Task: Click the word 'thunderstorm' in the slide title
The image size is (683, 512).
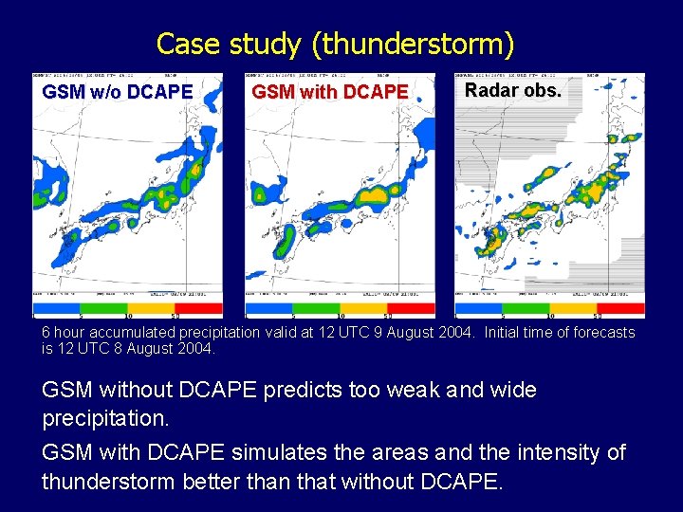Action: (x=418, y=45)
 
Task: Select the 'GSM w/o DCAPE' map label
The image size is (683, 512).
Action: (x=118, y=92)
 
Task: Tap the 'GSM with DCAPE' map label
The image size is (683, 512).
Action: (x=329, y=92)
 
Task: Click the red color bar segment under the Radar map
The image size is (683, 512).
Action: (x=621, y=308)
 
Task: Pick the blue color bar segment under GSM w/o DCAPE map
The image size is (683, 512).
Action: (x=56, y=308)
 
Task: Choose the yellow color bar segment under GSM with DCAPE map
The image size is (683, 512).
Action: (x=364, y=308)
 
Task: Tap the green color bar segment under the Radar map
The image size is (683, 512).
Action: (x=527, y=308)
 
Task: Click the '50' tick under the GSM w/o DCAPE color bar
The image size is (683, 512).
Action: (x=175, y=317)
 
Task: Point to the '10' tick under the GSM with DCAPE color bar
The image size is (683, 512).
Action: (x=341, y=317)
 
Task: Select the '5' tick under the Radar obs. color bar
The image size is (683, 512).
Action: (x=503, y=317)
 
